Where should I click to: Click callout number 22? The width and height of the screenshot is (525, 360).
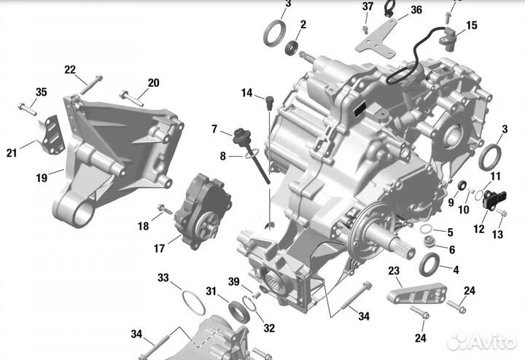[x=70, y=70]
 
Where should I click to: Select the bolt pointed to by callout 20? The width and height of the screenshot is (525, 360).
[x=131, y=98]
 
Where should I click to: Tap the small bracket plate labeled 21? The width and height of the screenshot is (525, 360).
[x=51, y=135]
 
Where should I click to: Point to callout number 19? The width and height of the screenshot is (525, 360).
[x=42, y=177]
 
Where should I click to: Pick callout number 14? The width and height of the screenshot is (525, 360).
[x=246, y=93]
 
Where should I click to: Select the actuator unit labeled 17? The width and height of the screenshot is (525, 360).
[x=203, y=211]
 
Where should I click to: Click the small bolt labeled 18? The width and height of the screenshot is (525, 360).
[x=165, y=208]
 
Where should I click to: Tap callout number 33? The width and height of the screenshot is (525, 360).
[x=163, y=278]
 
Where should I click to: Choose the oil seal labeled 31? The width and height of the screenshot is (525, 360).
[x=239, y=312]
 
